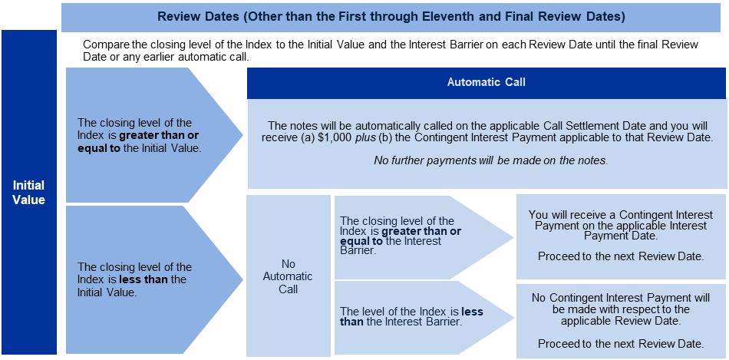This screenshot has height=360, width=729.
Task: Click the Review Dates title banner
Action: pyautogui.click(x=391, y=15)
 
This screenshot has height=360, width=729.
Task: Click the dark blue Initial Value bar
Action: pyautogui.click(x=28, y=192)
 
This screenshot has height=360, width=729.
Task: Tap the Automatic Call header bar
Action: pyautogui.click(x=487, y=82)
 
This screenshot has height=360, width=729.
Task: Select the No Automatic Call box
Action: pyautogui.click(x=288, y=276)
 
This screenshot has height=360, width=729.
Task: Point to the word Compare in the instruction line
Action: pyautogui.click(x=106, y=45)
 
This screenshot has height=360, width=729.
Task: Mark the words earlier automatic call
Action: pyautogui.click(x=203, y=58)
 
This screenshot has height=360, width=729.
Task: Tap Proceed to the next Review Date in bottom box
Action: pyautogui.click(x=621, y=343)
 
